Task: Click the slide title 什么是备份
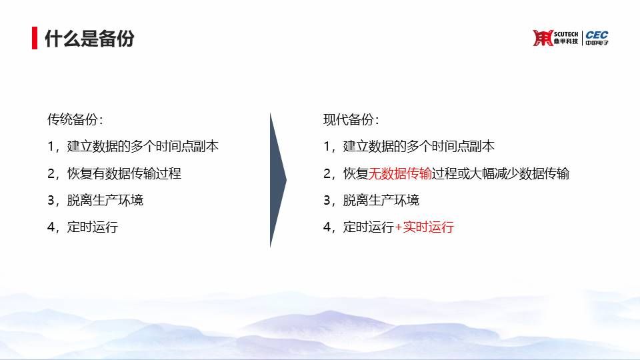tap(89, 39)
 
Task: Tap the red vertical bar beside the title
tap(35, 38)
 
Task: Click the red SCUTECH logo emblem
tap(543, 38)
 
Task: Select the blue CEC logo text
tap(597, 35)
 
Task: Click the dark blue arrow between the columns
tap(278, 180)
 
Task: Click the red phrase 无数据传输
tap(400, 173)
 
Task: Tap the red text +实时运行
tap(424, 227)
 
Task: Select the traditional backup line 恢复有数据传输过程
tap(124, 173)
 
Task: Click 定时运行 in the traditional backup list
tap(93, 227)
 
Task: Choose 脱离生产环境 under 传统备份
tap(105, 200)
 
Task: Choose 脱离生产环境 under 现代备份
tap(381, 200)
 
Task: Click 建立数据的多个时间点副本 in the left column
tap(143, 146)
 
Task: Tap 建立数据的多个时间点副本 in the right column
tap(419, 146)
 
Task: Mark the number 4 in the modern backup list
tap(327, 227)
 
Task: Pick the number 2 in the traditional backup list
tap(51, 173)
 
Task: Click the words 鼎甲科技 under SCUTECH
tap(566, 41)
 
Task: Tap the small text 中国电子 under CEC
tap(597, 43)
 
